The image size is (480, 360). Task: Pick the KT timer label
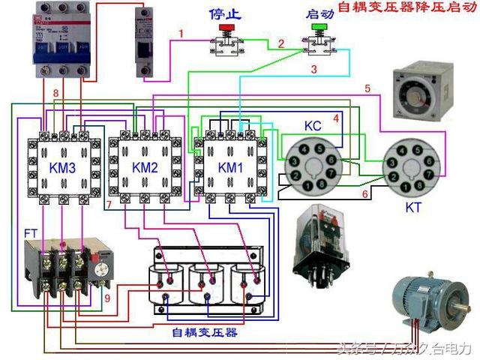click(x=414, y=205)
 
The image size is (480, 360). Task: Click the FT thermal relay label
click(x=31, y=233)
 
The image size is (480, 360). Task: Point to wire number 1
click(x=181, y=34)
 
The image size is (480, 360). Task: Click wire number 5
click(x=367, y=89)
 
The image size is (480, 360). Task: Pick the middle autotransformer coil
click(x=208, y=283)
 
